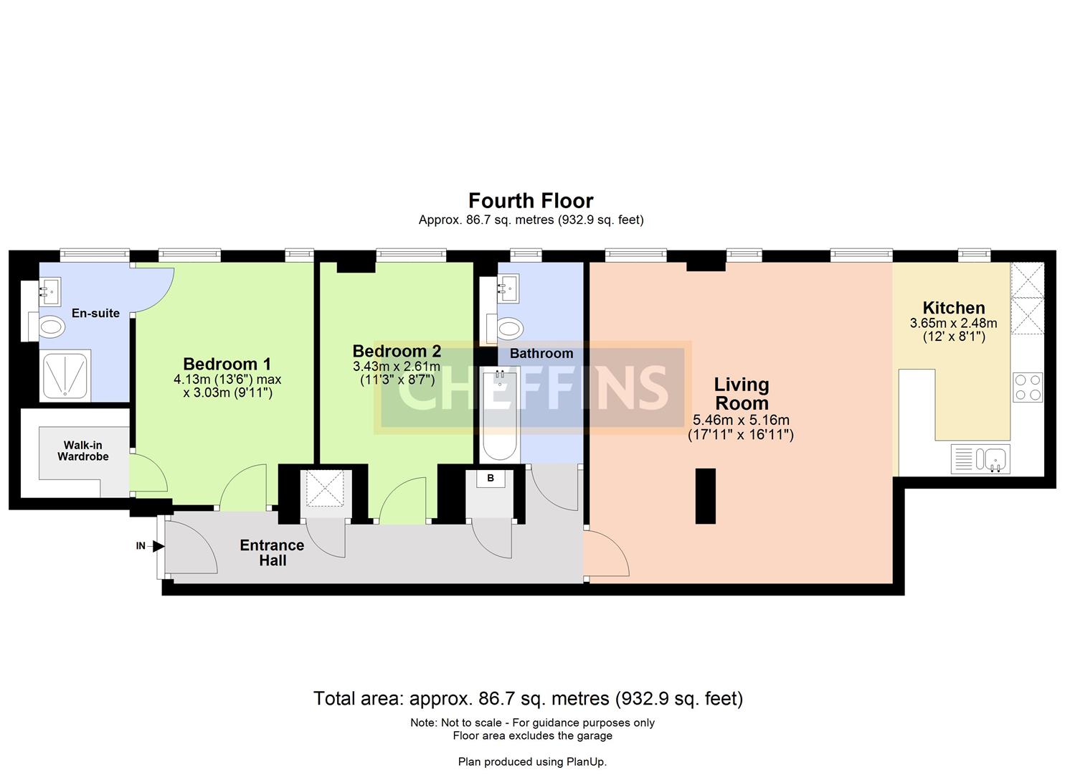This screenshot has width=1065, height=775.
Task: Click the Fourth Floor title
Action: pos(531,200)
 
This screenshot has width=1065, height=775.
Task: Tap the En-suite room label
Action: pos(95,313)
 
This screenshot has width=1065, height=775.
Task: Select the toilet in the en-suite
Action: pos(51,327)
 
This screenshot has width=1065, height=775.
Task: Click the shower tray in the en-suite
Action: pos(66,374)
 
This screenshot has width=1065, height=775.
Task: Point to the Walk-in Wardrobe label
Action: pos(83,451)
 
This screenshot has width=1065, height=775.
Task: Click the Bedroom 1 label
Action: pos(227,364)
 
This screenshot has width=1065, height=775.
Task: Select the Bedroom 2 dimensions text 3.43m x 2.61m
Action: pos(396,367)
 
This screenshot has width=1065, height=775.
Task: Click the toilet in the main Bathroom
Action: pos(508,329)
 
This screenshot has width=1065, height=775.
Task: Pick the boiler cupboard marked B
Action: pos(491,478)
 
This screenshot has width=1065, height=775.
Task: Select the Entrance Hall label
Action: pos(272,553)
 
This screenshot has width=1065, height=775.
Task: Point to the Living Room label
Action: pos(742,393)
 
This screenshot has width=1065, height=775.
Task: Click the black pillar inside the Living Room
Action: pos(705,496)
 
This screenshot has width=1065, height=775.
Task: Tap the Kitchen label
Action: pos(953,308)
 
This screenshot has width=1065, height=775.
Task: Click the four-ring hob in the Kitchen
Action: pos(1028,387)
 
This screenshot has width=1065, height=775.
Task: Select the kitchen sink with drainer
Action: pos(980,459)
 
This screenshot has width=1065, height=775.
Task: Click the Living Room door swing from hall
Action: pos(606,553)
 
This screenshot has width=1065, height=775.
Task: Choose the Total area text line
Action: pos(528,698)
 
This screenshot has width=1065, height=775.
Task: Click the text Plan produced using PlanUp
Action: pos(532,761)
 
